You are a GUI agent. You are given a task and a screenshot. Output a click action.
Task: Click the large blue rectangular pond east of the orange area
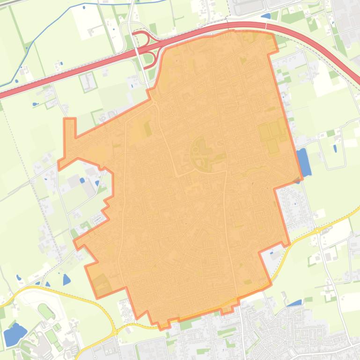pos(304,162)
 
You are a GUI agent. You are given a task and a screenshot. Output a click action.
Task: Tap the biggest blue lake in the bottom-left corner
pos(15,333)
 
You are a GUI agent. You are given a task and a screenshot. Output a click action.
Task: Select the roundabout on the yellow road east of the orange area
pos(317,230)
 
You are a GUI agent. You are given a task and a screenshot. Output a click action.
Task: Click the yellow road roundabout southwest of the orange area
pos(114,331)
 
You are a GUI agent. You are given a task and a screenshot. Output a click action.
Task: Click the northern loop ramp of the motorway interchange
pos(140,38)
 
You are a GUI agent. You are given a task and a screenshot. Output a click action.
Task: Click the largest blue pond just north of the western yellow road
pos(66,280)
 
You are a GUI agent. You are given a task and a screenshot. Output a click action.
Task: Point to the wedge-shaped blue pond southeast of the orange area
pos(294,303)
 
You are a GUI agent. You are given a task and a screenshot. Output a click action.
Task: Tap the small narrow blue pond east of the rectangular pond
pos(335,149)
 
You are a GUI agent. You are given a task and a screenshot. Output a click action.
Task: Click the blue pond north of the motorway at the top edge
pos(265,16)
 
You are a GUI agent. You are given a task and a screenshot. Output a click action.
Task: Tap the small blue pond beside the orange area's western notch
pos(82,180)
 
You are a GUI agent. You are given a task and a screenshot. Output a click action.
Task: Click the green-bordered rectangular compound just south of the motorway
pos(88,81)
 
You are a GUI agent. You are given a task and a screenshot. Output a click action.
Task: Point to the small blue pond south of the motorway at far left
pos(36,104)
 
